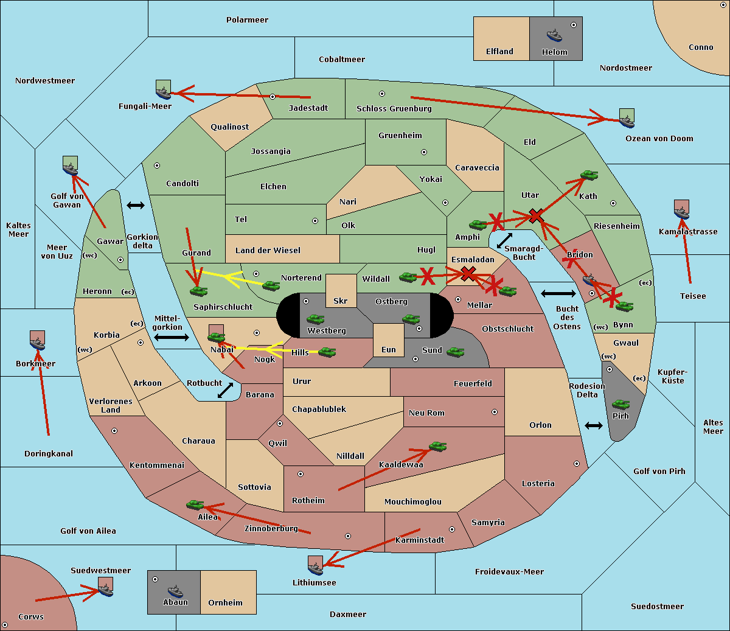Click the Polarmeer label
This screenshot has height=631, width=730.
point(247,20)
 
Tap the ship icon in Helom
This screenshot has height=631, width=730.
point(554,35)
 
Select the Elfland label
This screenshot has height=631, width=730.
point(499,52)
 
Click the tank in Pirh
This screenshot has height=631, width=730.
point(620,405)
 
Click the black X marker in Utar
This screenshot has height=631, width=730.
point(536,215)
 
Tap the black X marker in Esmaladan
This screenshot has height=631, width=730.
point(468,273)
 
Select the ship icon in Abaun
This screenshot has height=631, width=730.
point(175,591)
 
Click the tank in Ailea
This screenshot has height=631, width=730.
point(195,504)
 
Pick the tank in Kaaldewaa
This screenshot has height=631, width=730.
point(437,447)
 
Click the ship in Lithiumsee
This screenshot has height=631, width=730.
point(315,566)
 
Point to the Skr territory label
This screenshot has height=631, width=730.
point(341,301)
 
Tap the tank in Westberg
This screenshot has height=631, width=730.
point(315,319)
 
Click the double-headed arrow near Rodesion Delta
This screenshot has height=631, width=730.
point(594,425)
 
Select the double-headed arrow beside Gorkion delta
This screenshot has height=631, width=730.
point(136,205)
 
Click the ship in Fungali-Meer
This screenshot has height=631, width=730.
point(163,90)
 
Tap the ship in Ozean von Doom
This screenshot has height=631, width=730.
point(627,119)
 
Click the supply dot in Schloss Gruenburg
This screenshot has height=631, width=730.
point(382,94)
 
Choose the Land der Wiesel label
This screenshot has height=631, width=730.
point(268,250)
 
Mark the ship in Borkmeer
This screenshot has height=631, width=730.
point(38,341)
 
